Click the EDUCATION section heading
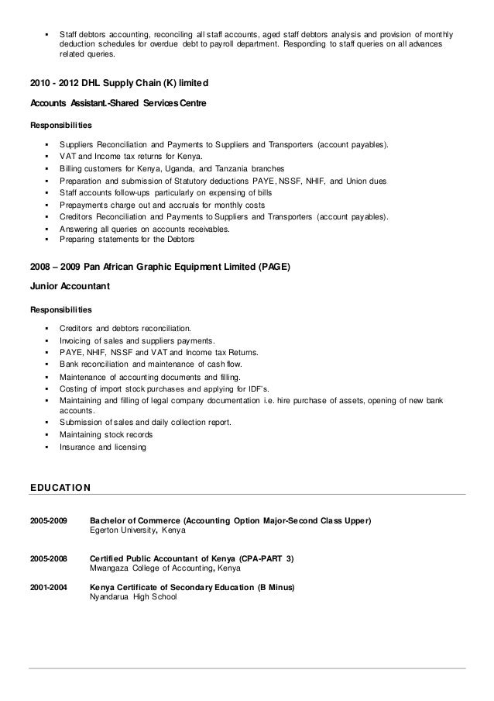[x=60, y=488]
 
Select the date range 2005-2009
[x=48, y=520]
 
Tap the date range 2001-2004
[x=48, y=587]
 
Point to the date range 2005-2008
[x=48, y=558]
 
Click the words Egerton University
[x=123, y=530]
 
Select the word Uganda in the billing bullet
[x=178, y=168]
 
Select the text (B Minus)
[x=276, y=587]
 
